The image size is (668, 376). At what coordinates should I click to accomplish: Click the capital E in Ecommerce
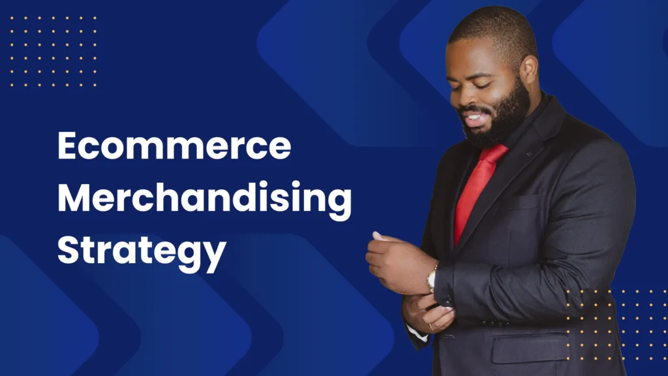click(x=68, y=146)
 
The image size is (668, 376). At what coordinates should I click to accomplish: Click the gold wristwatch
click(x=432, y=277)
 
